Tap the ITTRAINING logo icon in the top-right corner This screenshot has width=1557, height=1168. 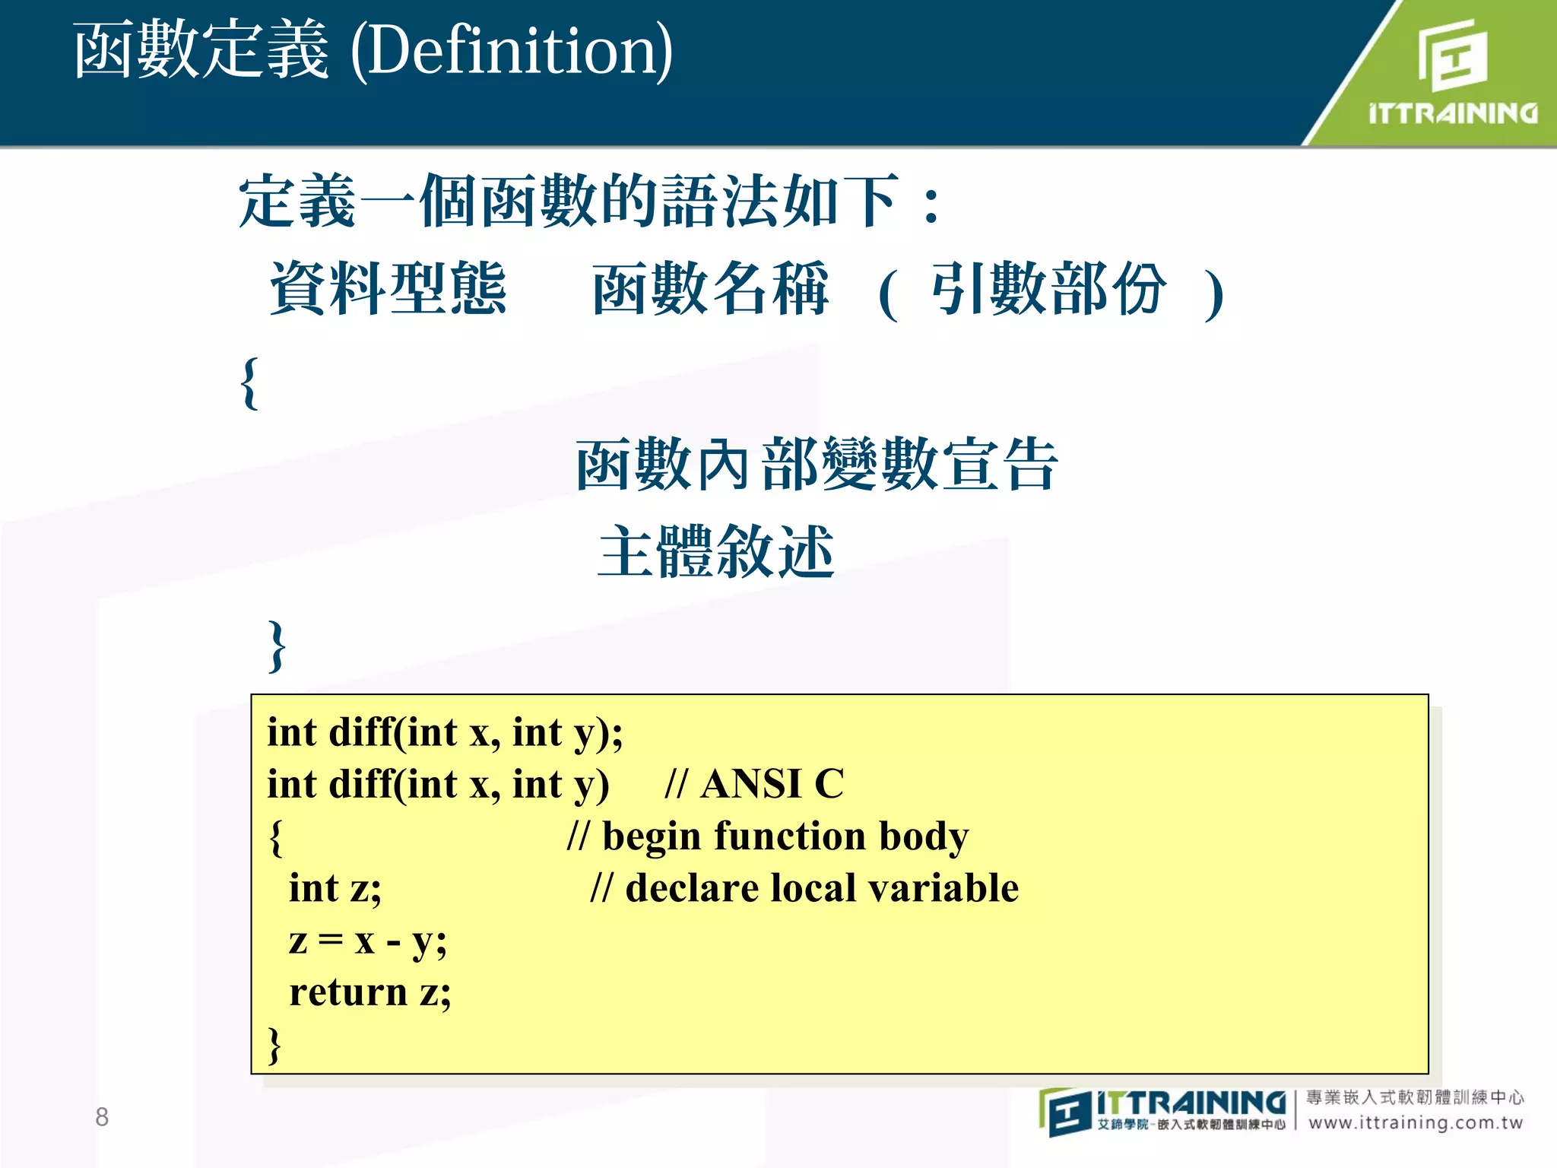coord(1452,55)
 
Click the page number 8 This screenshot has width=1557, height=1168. coord(102,1116)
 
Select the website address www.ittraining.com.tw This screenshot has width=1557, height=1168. coord(1416,1122)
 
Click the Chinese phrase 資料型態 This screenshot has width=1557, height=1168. coord(388,289)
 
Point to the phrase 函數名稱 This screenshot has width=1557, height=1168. coord(710,289)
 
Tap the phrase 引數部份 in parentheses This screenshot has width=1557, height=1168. coord(1049,289)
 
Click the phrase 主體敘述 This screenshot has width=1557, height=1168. coord(716,552)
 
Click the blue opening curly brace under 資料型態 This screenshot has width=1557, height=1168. coord(249,383)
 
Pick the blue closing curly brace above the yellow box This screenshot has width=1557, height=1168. coord(277,646)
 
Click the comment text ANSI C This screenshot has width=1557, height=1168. coord(772,784)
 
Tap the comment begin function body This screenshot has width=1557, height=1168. coord(785,836)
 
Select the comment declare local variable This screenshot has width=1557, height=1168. coord(821,888)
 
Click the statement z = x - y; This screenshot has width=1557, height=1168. coord(367,941)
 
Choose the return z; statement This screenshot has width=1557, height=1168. coord(370,992)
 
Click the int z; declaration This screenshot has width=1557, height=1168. coord(335,888)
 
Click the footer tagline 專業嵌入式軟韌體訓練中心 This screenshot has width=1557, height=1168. coord(1415,1097)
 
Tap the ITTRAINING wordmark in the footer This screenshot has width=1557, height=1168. coord(1191,1103)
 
